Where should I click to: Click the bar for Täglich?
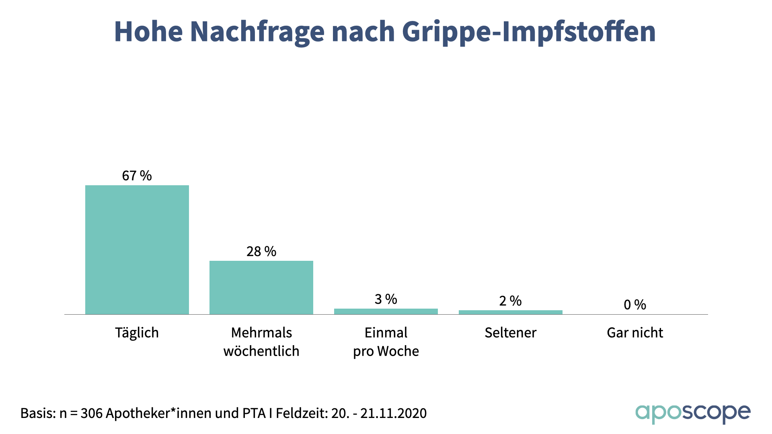click(137, 249)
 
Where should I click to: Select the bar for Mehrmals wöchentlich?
click(261, 287)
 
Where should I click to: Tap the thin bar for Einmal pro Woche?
click(386, 311)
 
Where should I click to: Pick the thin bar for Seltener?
click(510, 312)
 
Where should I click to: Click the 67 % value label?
click(137, 176)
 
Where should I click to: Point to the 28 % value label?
click(261, 252)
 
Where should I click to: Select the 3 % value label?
click(386, 299)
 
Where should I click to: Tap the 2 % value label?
click(510, 301)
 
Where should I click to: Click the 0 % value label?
click(635, 305)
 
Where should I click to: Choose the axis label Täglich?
click(137, 333)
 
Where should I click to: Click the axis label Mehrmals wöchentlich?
click(261, 342)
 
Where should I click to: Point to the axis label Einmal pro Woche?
click(386, 342)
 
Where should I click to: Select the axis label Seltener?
click(510, 333)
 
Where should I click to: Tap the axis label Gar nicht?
click(635, 333)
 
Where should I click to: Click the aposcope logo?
click(693, 413)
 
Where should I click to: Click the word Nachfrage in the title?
click(257, 31)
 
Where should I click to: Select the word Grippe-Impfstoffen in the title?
click(529, 31)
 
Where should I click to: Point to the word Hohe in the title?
click(148, 31)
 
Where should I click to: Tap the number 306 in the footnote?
click(91, 413)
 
